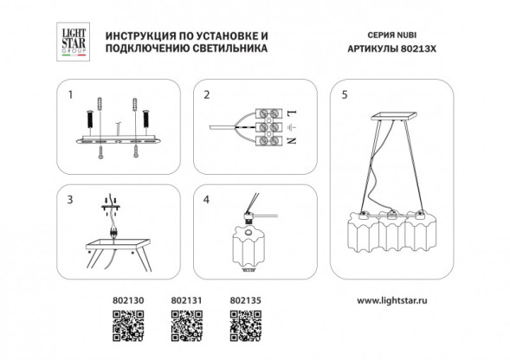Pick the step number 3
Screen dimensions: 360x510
[x=70, y=200]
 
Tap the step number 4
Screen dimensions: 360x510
[x=206, y=200]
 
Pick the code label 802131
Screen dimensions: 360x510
[x=185, y=302]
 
